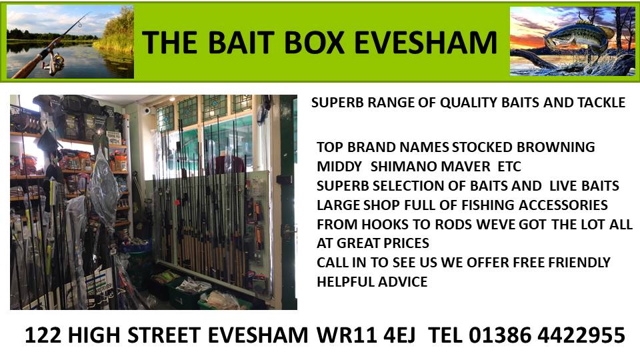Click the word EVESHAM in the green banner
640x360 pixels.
[x=425, y=43]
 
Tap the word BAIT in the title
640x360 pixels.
[x=241, y=43]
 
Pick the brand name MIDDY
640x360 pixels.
[x=339, y=167]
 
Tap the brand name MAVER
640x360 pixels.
[x=466, y=167]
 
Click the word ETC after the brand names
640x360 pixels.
[x=509, y=167]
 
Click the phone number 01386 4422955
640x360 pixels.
[x=547, y=335]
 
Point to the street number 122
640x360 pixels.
[x=43, y=335]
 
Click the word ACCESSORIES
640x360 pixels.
[x=563, y=205]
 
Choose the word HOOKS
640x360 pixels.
[x=385, y=225]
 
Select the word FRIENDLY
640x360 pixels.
[x=579, y=262]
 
